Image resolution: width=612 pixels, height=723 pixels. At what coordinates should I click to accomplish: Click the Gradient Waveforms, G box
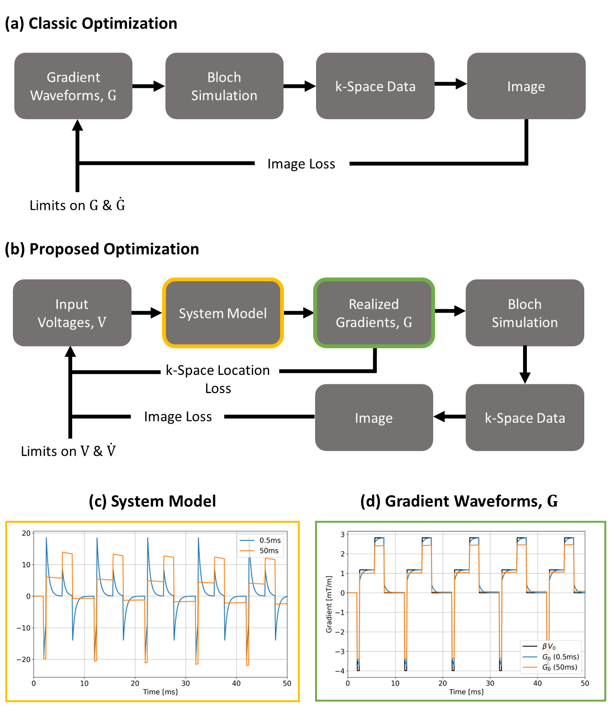(x=73, y=86)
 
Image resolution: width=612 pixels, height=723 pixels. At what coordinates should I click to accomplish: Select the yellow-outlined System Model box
(x=223, y=313)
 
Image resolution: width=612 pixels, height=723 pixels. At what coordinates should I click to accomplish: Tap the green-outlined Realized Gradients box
(x=374, y=313)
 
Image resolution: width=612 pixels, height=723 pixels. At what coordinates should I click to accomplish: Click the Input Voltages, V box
(x=72, y=313)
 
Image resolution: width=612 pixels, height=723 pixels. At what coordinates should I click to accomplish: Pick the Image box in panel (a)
(x=526, y=86)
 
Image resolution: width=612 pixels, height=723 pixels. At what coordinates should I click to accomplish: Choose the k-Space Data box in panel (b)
(x=525, y=417)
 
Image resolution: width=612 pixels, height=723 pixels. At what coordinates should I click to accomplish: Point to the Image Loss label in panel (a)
(x=301, y=164)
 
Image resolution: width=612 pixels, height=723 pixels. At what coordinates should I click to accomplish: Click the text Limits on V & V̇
(x=68, y=451)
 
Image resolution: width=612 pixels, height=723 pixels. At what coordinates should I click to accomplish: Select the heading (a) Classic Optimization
(x=91, y=23)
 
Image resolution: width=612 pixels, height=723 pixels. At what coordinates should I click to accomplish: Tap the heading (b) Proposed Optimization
(x=102, y=249)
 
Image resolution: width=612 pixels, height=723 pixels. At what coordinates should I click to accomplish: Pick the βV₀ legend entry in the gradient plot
(x=548, y=646)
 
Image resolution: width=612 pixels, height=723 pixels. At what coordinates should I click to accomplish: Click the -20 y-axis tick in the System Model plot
(x=25, y=659)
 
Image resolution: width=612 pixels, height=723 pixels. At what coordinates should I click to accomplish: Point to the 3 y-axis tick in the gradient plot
(x=342, y=534)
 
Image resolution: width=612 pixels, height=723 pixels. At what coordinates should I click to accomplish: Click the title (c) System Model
(x=153, y=501)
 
